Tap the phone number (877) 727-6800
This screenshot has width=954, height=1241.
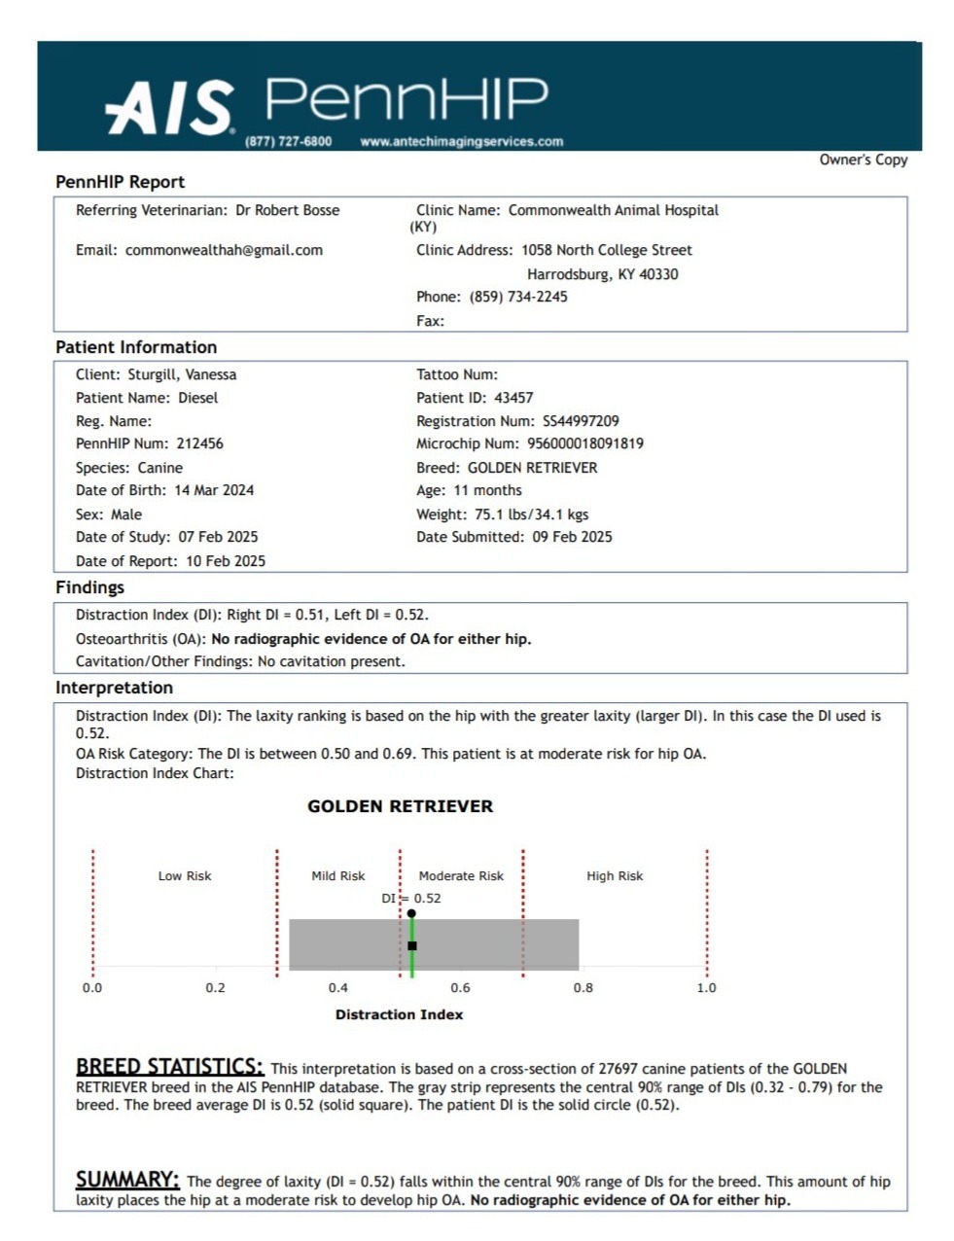click(288, 142)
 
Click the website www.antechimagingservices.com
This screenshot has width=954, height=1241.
click(461, 142)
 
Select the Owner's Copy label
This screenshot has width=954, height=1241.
click(863, 160)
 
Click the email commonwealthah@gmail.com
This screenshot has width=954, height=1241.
click(224, 250)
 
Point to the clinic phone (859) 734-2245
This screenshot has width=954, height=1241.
click(518, 297)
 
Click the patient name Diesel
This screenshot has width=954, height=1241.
click(197, 398)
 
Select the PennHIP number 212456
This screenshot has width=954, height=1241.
click(199, 443)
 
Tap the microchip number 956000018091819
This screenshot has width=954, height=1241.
click(584, 443)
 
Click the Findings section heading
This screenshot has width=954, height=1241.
click(89, 587)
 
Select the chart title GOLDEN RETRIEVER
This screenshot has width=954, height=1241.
click(400, 806)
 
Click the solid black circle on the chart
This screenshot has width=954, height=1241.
click(411, 913)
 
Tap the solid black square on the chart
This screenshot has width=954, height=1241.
click(412, 945)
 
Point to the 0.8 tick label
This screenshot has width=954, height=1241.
click(583, 988)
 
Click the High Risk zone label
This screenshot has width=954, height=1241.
click(615, 876)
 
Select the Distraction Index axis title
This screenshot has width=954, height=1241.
click(399, 1014)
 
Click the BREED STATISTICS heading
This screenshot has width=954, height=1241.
click(169, 1067)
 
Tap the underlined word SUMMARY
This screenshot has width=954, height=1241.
click(127, 1180)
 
